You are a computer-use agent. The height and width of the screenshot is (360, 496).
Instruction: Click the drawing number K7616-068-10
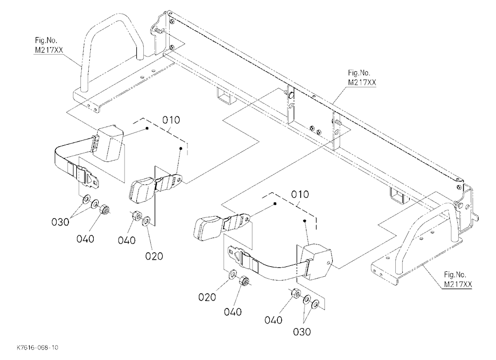point(37,347)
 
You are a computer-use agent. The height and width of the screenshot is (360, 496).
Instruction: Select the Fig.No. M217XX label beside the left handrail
point(49,45)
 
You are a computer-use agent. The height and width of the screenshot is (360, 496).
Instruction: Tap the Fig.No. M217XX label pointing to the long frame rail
point(362,78)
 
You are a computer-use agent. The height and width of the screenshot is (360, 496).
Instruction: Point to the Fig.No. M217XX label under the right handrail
point(458,279)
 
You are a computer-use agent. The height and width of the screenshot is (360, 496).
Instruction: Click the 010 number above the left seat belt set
point(171,120)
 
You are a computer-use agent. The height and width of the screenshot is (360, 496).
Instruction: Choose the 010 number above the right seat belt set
point(300,194)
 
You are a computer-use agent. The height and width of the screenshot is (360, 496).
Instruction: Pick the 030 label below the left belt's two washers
point(61,222)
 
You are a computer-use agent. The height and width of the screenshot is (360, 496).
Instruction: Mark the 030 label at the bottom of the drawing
point(302,332)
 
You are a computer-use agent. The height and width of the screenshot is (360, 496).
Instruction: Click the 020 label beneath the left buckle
point(154,256)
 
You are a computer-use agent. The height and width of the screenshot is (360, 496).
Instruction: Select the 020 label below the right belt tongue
point(207,297)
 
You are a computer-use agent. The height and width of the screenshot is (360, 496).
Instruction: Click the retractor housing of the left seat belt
point(109,143)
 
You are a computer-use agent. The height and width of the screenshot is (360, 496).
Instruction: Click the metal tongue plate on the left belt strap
point(89,178)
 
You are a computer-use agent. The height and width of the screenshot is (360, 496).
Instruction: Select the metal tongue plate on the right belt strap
point(238,255)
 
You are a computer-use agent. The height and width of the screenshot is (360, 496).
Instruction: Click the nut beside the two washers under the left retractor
point(104,210)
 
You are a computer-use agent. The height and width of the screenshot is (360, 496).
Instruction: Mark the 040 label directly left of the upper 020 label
point(127,240)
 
